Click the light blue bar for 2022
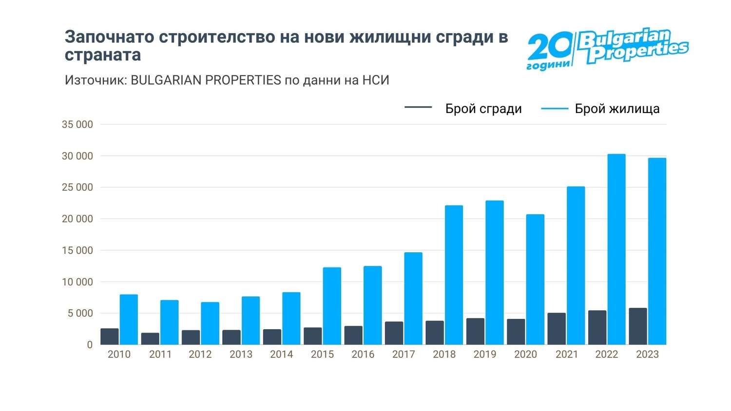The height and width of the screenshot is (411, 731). pyautogui.click(x=616, y=249)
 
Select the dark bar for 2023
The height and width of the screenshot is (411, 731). pyautogui.click(x=637, y=326)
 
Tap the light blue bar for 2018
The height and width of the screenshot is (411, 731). pyautogui.click(x=454, y=275)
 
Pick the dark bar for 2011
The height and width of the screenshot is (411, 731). pyautogui.click(x=150, y=338)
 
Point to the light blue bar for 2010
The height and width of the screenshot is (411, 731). pyautogui.click(x=129, y=319)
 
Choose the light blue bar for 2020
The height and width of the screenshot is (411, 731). pyautogui.click(x=535, y=280)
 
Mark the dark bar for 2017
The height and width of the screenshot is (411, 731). pyautogui.click(x=394, y=333)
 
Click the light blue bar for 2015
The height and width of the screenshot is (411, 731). pyautogui.click(x=332, y=306)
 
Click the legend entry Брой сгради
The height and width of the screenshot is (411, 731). pyautogui.click(x=483, y=109)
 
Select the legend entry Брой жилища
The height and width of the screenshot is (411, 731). pyautogui.click(x=617, y=109)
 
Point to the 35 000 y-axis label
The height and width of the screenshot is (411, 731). pyautogui.click(x=77, y=125)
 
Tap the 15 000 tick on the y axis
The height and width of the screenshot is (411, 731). pyautogui.click(x=77, y=251)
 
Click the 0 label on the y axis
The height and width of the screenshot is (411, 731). pyautogui.click(x=90, y=345)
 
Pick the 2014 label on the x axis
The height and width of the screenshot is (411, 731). pyautogui.click(x=282, y=355)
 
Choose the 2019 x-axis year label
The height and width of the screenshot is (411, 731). pyautogui.click(x=485, y=355)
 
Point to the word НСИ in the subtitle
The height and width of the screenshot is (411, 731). pyautogui.click(x=376, y=80)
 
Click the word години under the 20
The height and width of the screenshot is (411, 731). pyautogui.click(x=548, y=65)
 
